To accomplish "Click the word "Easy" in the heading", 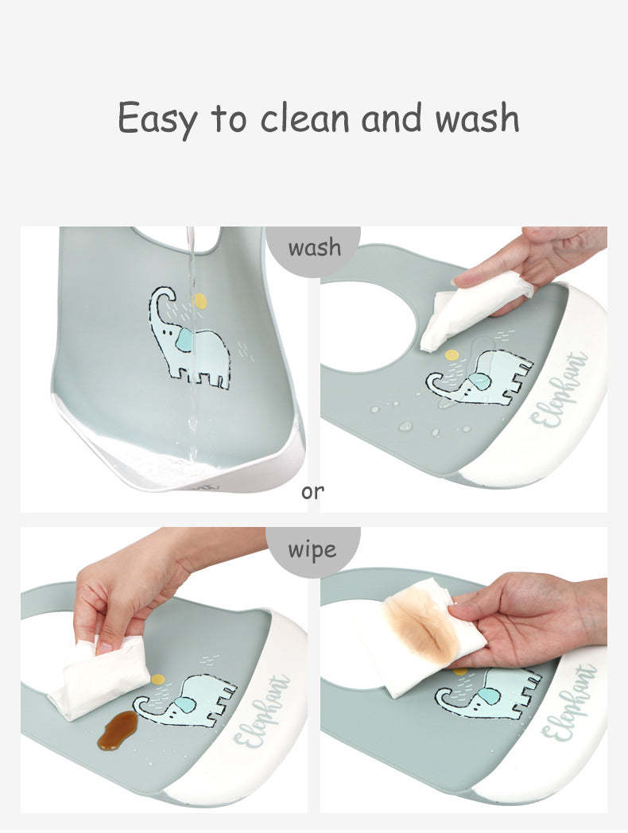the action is coord(157,119).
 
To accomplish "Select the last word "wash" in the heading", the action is coord(477,118).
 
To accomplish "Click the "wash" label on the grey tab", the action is coord(315,247).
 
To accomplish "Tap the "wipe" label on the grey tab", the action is coord(312,550).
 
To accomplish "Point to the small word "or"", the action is coord(312,492).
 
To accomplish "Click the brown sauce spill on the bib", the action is coord(118,731).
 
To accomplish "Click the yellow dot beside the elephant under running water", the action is coord(200,301).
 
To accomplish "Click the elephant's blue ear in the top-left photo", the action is coord(184,339).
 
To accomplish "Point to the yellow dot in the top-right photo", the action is coord(452,355).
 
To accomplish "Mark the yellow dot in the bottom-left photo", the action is coord(158,679).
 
